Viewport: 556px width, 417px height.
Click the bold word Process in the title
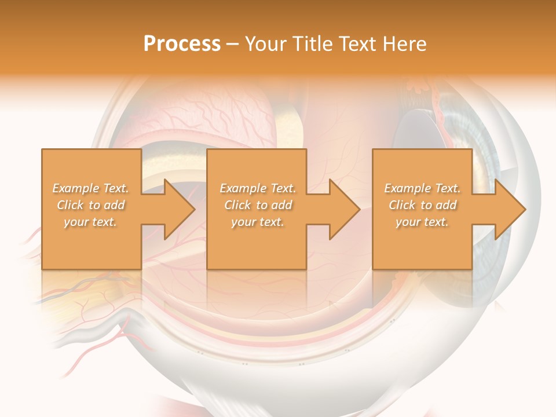pyautogui.click(x=182, y=44)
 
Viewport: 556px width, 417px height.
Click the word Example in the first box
pyautogui.click(x=76, y=188)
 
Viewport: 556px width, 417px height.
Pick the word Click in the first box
pyautogui.click(x=70, y=205)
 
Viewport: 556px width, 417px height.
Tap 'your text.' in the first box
pyautogui.click(x=90, y=222)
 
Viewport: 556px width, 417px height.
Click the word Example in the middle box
pyautogui.click(x=243, y=188)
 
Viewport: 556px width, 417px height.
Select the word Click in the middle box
pyautogui.click(x=237, y=205)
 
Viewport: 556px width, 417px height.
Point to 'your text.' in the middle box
pyautogui.click(x=257, y=222)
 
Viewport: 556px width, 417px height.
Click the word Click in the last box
pyautogui.click(x=402, y=205)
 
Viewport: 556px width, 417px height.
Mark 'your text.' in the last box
pyautogui.click(x=422, y=222)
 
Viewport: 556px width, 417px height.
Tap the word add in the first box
pyautogui.click(x=115, y=205)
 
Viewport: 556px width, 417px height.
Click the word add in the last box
pyautogui.click(x=446, y=205)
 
